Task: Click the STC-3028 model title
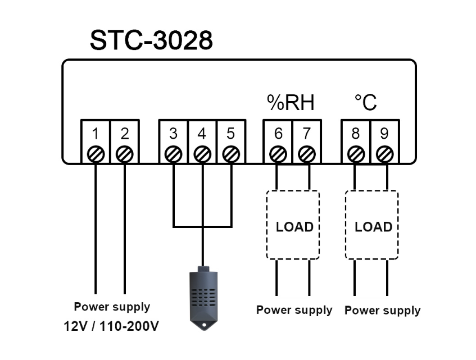click(151, 40)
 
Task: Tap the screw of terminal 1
click(96, 153)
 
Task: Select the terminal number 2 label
click(125, 134)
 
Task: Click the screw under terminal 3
click(173, 153)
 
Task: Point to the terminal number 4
click(202, 134)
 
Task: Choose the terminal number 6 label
click(278, 134)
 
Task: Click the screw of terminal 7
click(307, 153)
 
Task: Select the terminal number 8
click(355, 134)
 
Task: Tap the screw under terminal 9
click(384, 153)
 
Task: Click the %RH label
click(290, 103)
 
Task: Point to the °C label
click(365, 103)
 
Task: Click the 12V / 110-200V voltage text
click(112, 326)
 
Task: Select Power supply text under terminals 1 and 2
click(112, 307)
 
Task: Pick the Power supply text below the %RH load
click(294, 310)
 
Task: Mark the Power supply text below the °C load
click(382, 310)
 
